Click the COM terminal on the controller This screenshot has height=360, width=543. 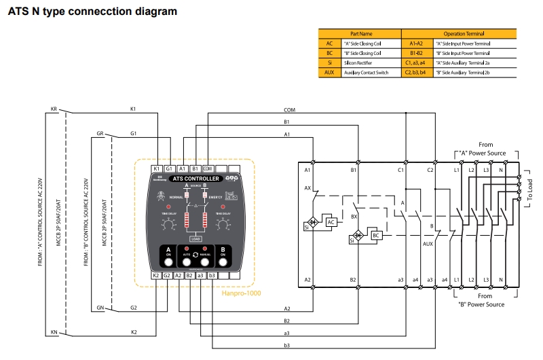click(208, 168)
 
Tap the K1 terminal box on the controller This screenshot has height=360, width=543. click(156, 168)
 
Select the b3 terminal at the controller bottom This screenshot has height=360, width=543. click(212, 275)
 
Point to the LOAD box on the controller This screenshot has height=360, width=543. click(195, 238)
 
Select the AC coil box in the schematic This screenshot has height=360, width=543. click(331, 222)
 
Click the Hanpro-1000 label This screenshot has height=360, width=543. click(242, 293)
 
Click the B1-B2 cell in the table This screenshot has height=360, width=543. click(417, 52)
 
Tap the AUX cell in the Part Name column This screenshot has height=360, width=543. click(330, 72)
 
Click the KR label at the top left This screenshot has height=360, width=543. click(54, 109)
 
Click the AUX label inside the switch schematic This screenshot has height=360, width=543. click(428, 242)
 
